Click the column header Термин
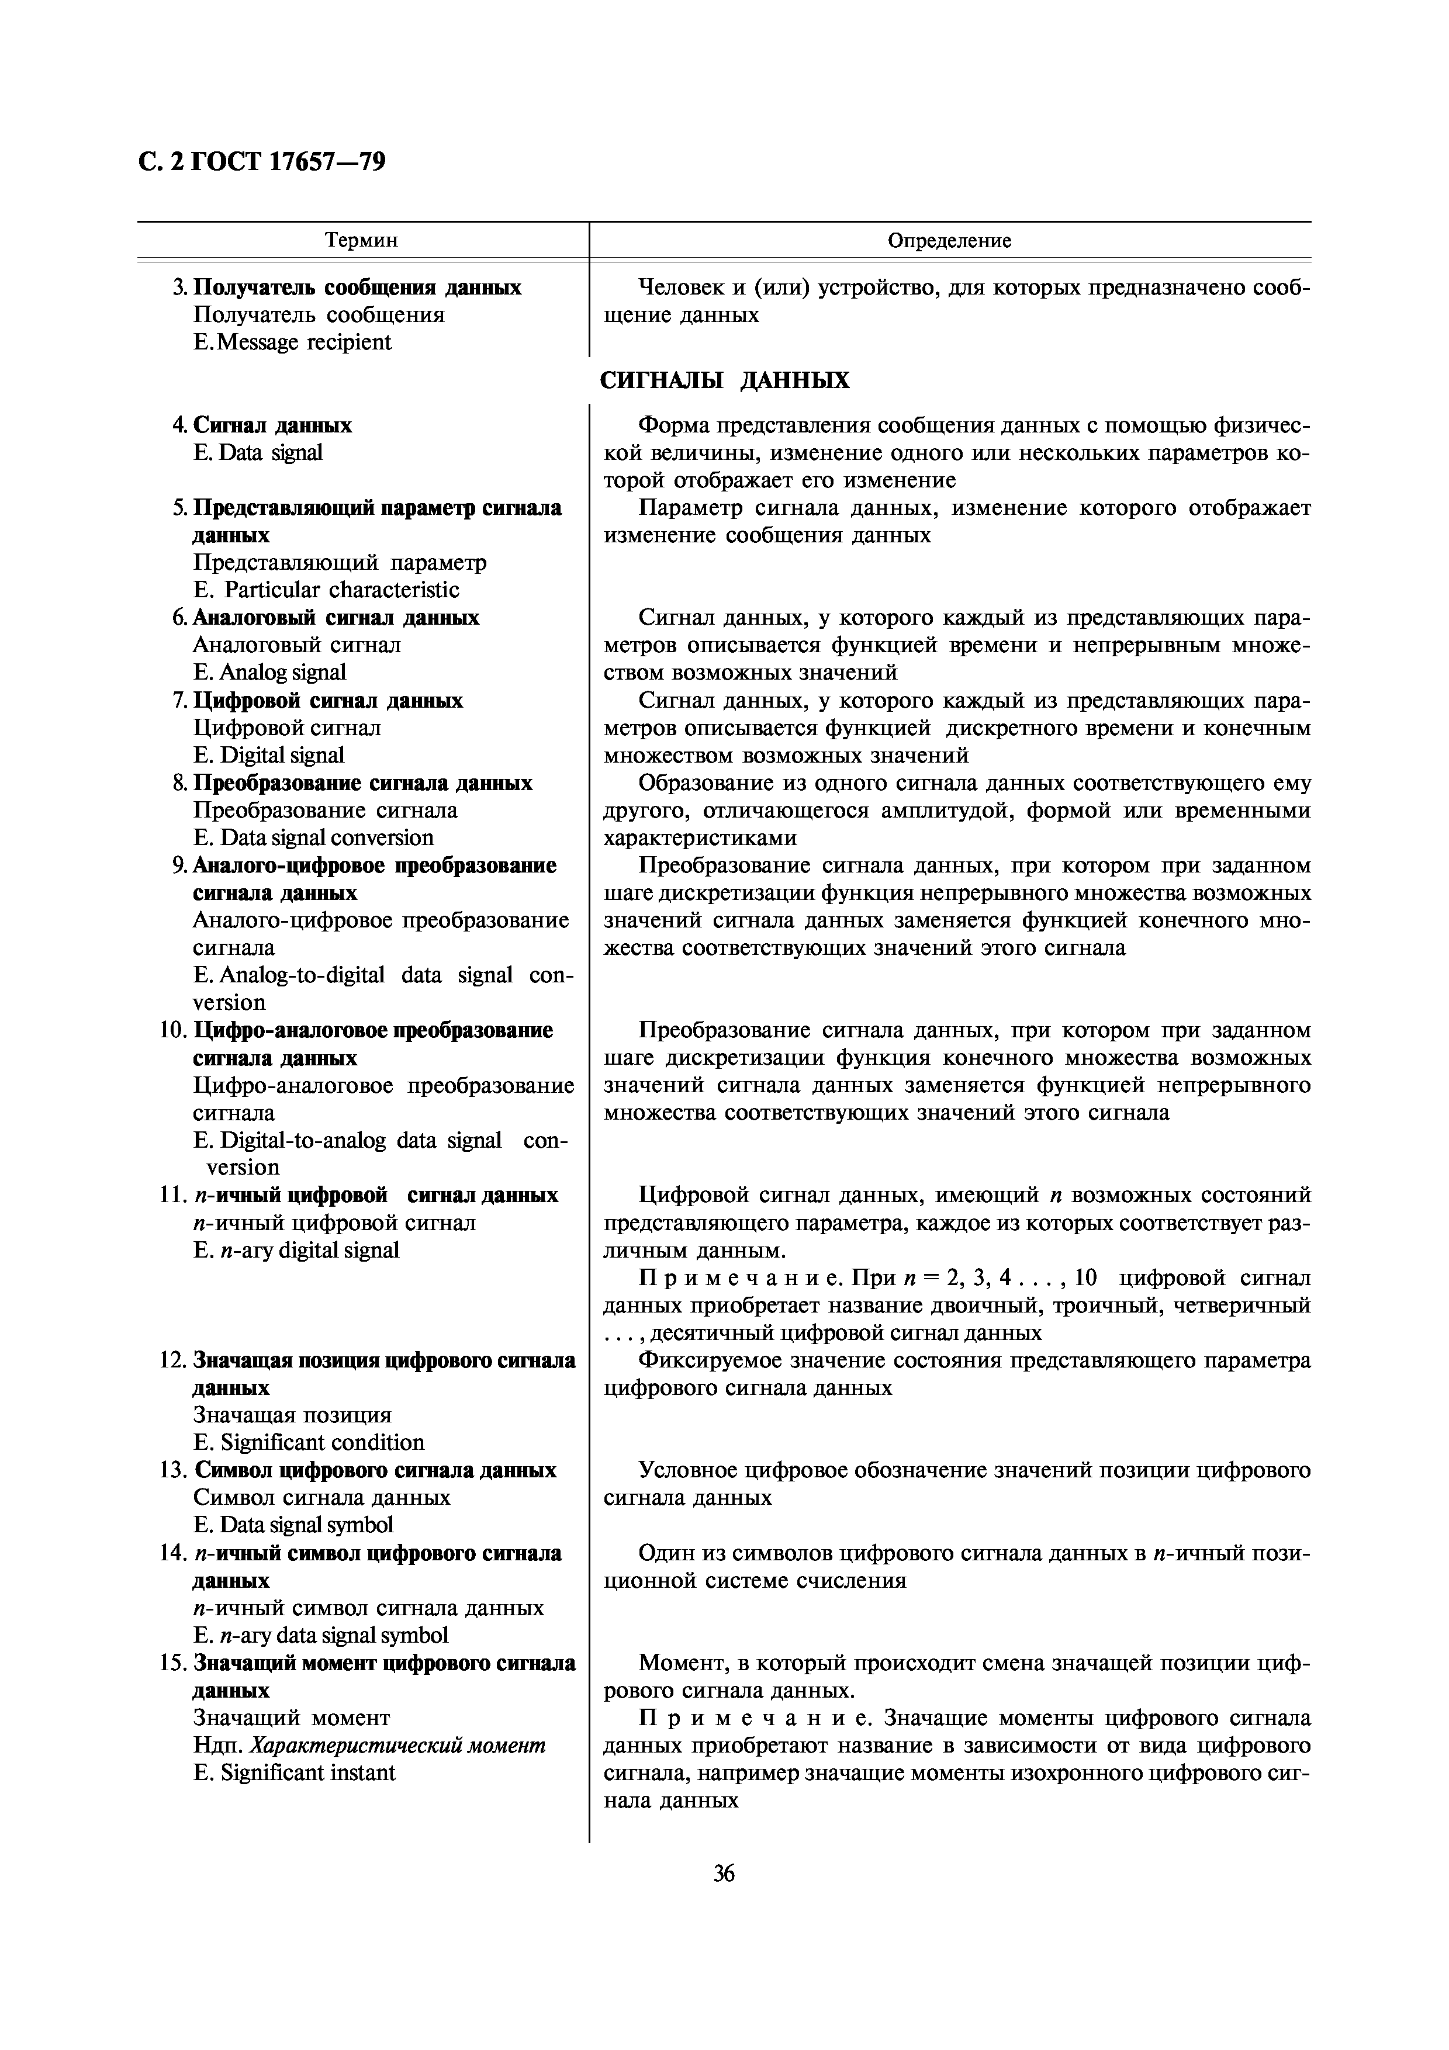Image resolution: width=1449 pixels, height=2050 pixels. click(362, 240)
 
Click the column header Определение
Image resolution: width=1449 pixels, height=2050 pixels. click(949, 240)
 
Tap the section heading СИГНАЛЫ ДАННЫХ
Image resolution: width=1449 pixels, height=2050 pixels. click(724, 381)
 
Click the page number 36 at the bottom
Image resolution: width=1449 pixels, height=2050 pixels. click(724, 1874)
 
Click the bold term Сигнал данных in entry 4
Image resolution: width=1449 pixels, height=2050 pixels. click(272, 425)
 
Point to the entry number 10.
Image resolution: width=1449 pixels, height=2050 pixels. click(171, 1030)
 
